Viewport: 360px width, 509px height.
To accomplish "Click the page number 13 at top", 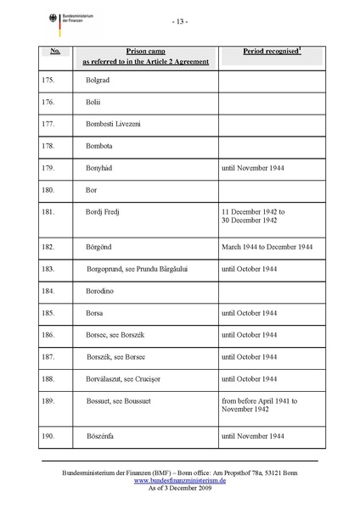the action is [x=179, y=20].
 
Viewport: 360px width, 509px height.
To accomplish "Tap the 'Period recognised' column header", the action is [x=272, y=52].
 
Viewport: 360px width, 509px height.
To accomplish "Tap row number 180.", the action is [x=48, y=189].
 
